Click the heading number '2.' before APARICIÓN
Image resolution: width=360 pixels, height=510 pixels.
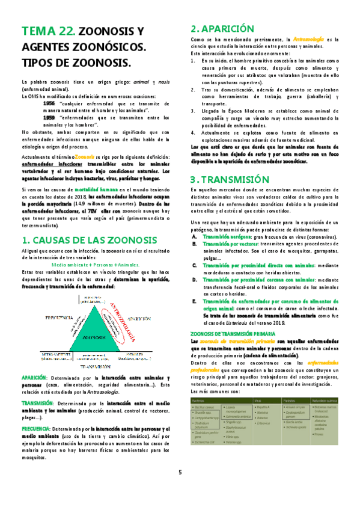(x=195, y=28)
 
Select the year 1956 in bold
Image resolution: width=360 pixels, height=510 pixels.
(x=49, y=103)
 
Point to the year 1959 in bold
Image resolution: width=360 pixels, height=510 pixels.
(x=49, y=118)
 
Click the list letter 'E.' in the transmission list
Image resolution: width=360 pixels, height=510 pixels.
(x=194, y=301)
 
